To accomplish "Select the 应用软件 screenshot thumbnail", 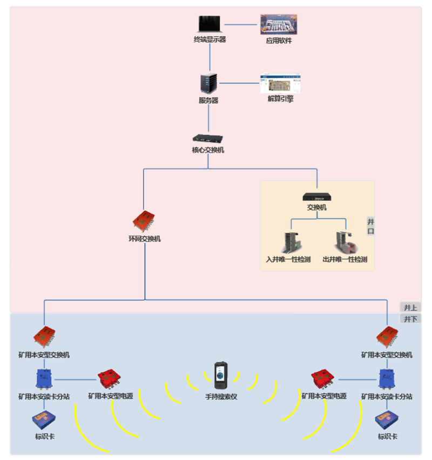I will point(279,25).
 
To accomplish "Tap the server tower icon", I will point(208,84).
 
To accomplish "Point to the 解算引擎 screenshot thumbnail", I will point(279,83).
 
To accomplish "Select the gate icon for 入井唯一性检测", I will point(292,242).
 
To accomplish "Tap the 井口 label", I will point(370,226).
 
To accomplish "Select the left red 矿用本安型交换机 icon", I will point(45,337).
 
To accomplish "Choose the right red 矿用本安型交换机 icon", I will point(388,337).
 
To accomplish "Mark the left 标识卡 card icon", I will point(43,420).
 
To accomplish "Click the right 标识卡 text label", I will point(387,436).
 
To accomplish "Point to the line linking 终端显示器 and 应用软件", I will point(240,24).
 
